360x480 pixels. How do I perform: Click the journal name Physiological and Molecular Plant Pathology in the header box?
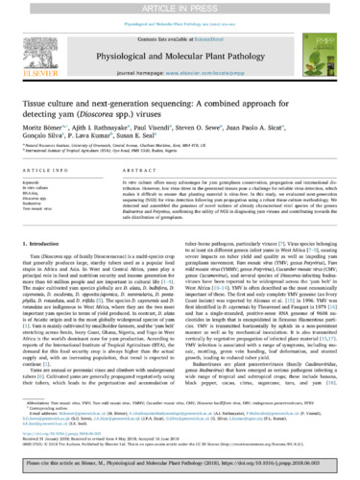(180, 50)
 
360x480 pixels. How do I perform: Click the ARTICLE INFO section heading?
(46, 172)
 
